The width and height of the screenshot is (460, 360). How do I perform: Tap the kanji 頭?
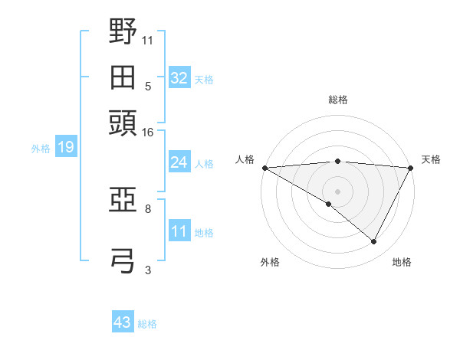pos(123,123)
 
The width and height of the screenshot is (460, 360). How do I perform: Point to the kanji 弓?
pos(123,260)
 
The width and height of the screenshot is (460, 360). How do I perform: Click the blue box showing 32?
pos(179,78)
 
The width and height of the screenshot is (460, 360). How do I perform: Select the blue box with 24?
pos(179,162)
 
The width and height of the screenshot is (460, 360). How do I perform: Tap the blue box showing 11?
pos(179,231)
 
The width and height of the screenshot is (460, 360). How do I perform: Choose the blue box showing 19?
pos(65,147)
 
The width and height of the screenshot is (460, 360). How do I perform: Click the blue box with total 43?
pos(123,322)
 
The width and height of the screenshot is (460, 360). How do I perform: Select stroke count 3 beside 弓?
pos(148,269)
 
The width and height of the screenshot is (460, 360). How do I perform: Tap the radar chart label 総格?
pos(338,100)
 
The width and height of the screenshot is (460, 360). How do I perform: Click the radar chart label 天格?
pos(431,159)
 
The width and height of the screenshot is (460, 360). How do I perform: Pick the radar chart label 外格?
pos(270,262)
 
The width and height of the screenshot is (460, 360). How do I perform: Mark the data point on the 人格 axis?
pos(264,168)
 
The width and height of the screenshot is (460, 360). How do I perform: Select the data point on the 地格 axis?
pos(374,241)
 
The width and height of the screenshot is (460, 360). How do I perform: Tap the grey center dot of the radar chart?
pos(337,191)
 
